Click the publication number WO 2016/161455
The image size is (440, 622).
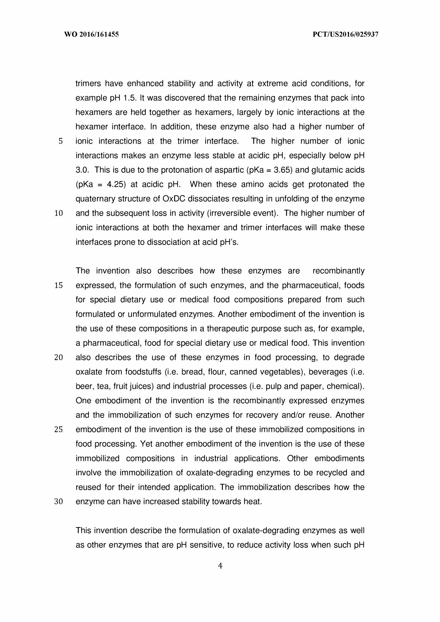coord(91,34)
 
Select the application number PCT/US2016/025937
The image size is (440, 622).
coord(345,34)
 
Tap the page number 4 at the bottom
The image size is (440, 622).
coord(220,566)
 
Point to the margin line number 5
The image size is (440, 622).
coord(60,141)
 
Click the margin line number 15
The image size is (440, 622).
coord(59,285)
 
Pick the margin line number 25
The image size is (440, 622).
coord(59,429)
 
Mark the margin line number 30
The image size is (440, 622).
coord(59,502)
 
